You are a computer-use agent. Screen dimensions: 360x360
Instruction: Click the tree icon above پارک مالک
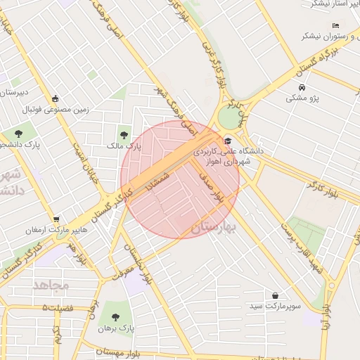124,134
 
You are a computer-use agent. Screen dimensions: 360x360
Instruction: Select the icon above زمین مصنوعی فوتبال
56,98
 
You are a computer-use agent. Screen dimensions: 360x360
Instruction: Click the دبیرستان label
14,92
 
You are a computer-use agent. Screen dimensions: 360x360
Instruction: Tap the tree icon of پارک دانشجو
18,134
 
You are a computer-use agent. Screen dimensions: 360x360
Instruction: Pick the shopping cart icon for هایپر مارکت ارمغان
56,219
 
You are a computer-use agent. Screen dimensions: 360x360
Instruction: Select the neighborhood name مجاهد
51,285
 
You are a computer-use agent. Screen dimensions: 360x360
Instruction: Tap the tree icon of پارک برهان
115,317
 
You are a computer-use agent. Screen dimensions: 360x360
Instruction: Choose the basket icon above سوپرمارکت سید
274,296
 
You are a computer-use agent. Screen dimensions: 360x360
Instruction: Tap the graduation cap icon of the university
230,141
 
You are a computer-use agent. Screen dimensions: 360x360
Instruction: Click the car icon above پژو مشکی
302,87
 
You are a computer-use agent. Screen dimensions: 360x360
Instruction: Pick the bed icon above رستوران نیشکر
336,25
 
